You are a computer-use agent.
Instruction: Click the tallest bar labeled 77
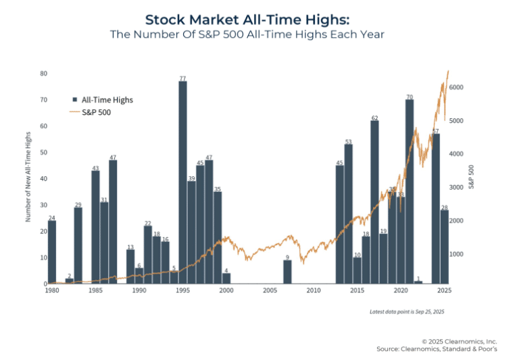182,182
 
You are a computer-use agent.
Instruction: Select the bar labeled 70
410,192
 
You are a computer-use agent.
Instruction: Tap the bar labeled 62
374,203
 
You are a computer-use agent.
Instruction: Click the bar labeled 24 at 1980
52,252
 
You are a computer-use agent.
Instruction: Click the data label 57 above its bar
436,131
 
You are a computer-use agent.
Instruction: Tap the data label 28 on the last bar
445,207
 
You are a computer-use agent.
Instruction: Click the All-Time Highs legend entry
107,100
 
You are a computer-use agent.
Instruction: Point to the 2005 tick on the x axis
270,290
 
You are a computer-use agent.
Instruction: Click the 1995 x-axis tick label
182,290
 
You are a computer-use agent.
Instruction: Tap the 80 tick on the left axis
43,73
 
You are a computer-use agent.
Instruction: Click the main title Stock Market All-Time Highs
255,20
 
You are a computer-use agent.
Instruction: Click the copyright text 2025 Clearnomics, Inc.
459,341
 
